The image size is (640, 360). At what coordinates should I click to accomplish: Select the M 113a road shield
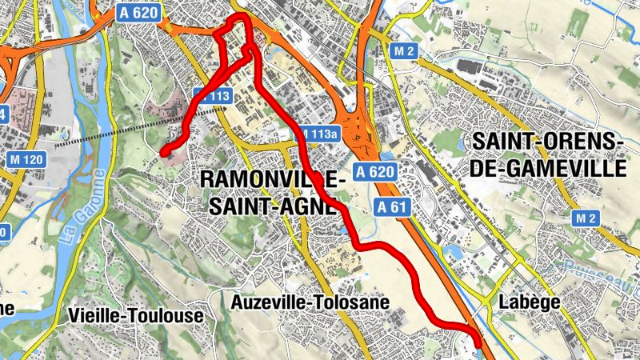pyautogui.click(x=318, y=134)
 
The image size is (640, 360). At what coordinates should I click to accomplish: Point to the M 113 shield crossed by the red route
pyautogui.click(x=212, y=96)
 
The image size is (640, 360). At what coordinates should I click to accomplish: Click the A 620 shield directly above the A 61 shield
pyautogui.click(x=376, y=172)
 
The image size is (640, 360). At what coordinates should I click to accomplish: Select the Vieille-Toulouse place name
pyautogui.click(x=136, y=315)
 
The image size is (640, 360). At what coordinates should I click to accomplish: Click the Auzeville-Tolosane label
pyautogui.click(x=310, y=302)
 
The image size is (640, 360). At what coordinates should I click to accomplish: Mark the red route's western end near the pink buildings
pyautogui.click(x=163, y=150)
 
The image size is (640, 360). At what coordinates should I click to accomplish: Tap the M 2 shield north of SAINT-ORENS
pyautogui.click(x=406, y=52)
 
